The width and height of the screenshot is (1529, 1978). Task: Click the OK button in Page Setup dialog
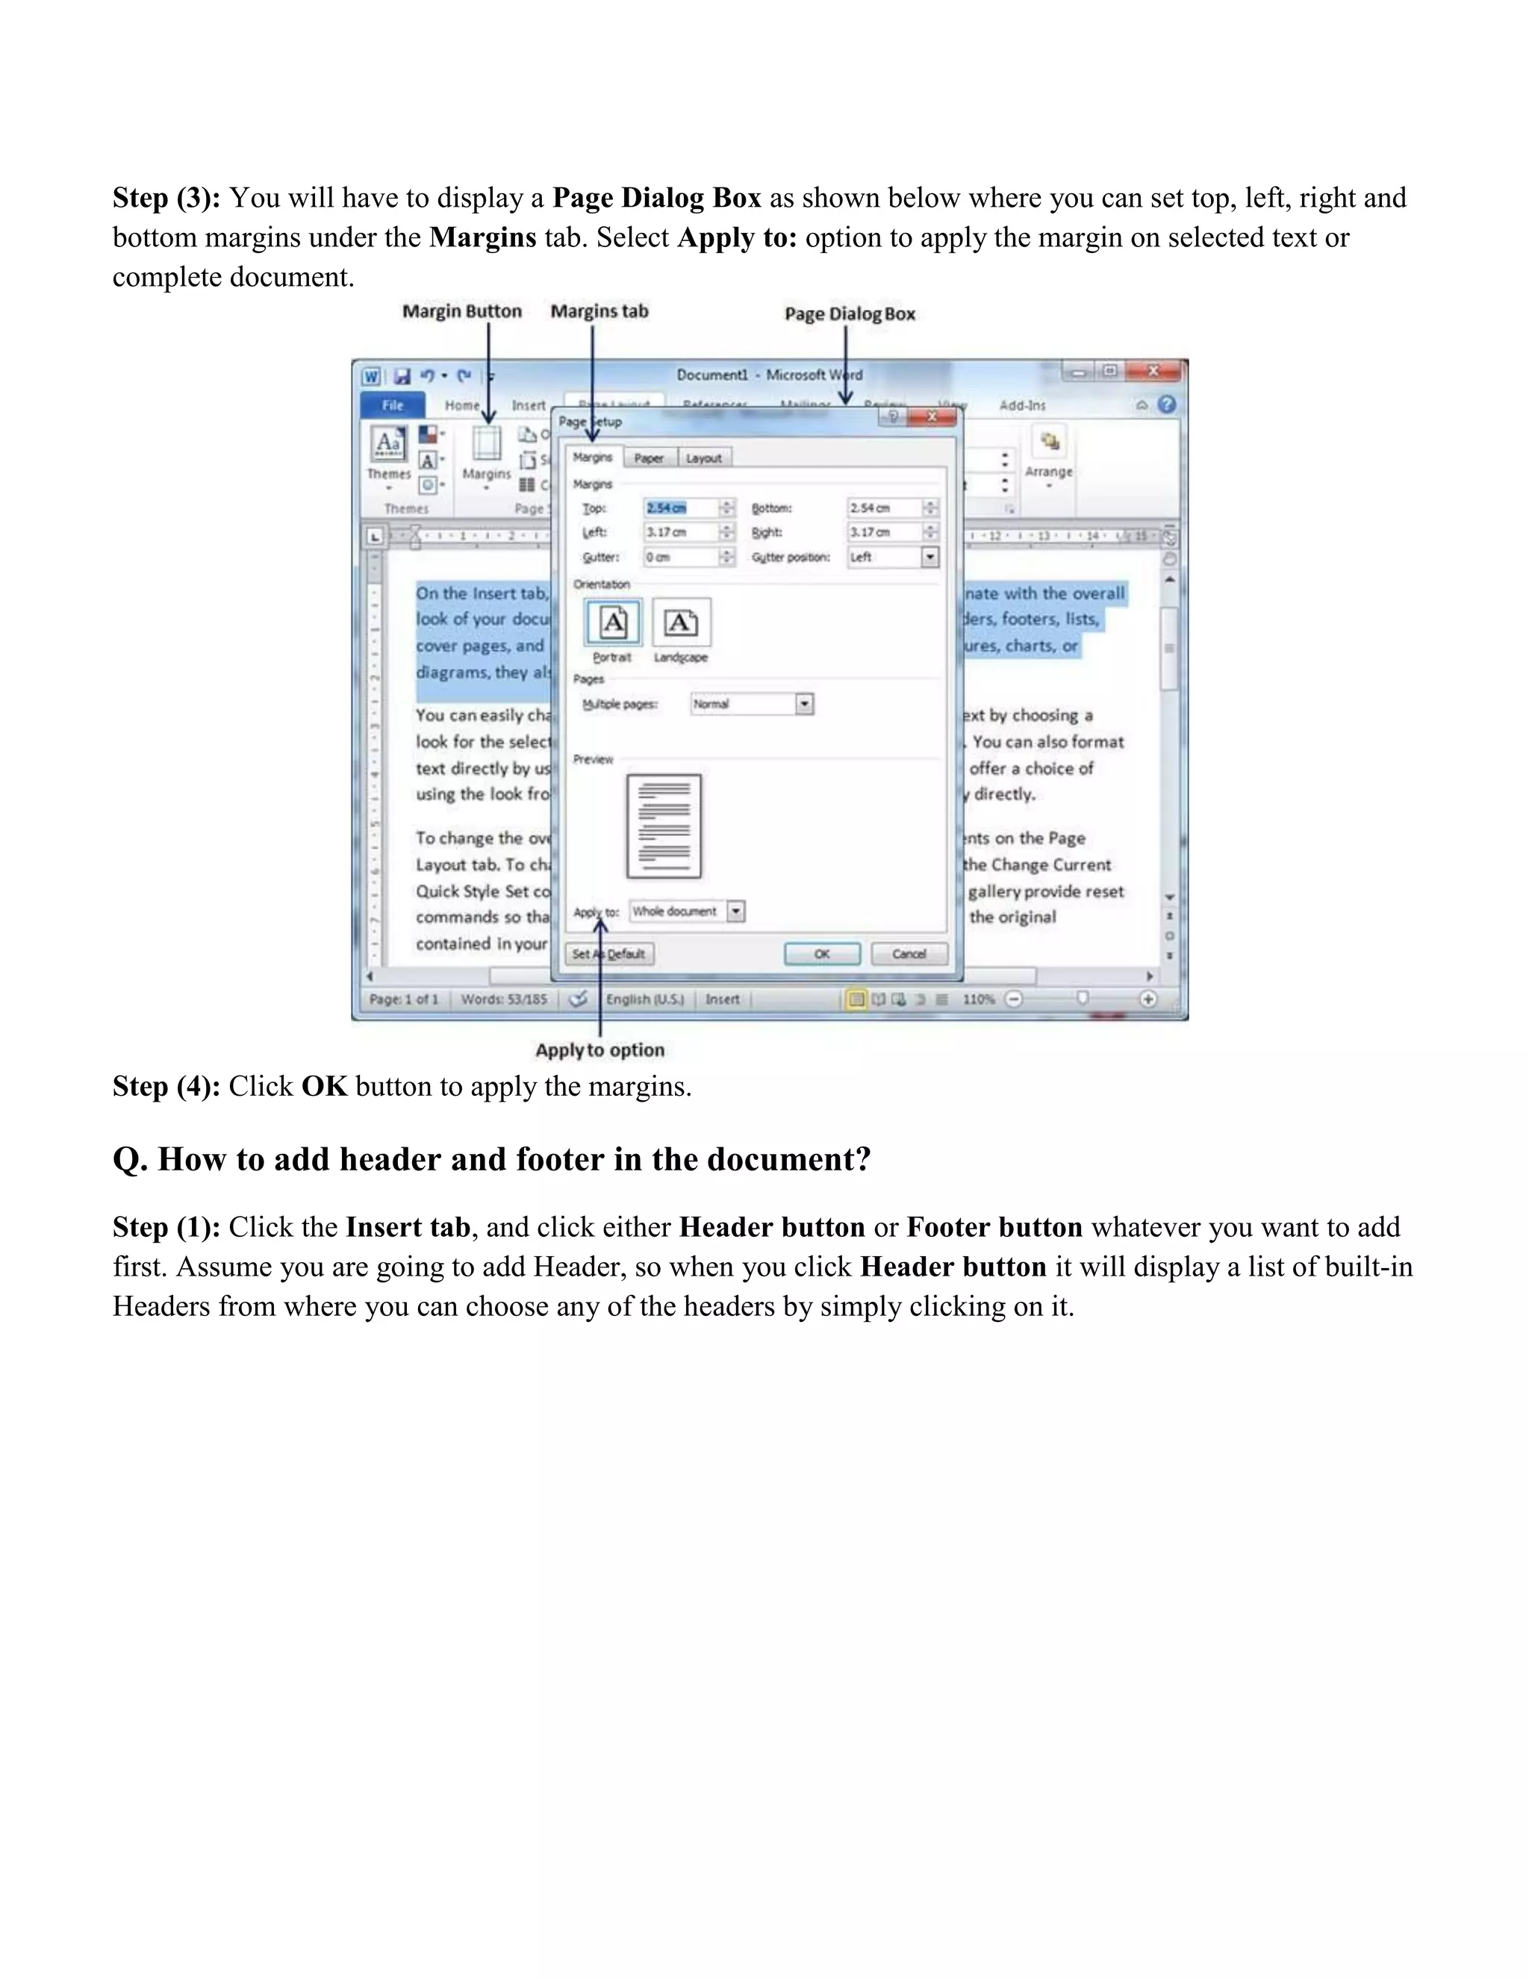821,954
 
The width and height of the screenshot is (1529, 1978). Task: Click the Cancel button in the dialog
909,954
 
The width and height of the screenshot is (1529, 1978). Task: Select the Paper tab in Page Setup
649,458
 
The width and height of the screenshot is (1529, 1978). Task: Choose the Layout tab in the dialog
704,458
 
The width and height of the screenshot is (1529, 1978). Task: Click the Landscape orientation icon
681,623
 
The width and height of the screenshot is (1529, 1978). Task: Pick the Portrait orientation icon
613,623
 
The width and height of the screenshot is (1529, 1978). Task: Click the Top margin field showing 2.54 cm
680,508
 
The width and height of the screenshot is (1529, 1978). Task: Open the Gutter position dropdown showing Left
930,557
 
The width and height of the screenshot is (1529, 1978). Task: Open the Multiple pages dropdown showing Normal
804,704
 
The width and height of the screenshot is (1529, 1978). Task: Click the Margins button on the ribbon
487,454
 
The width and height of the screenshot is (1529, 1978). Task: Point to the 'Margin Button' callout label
462,311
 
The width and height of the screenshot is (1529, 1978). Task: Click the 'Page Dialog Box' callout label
850,314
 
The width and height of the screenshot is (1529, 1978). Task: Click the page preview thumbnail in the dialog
664,826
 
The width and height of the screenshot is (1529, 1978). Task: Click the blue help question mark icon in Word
1167,405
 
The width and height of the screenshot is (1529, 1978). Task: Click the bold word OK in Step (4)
324,1087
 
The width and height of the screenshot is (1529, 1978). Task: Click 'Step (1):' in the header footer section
166,1228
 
